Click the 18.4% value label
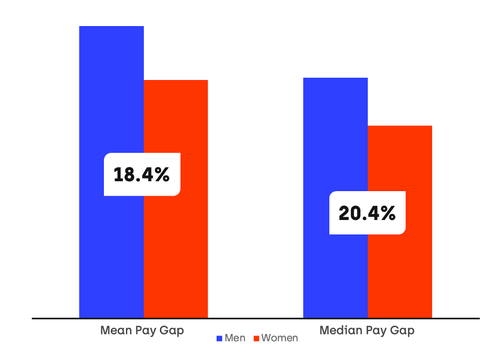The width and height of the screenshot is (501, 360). click(x=142, y=174)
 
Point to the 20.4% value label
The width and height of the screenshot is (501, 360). click(x=367, y=213)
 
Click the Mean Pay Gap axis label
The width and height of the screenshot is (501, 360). click(x=142, y=331)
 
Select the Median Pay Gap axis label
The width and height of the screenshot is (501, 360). click(x=367, y=331)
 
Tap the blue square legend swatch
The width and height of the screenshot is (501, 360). click(x=219, y=338)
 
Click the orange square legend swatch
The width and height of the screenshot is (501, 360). click(x=257, y=338)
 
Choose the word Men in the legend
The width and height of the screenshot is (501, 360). click(x=235, y=338)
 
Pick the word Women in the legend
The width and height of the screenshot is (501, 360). click(x=279, y=338)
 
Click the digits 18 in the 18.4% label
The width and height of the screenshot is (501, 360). click(x=122, y=174)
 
